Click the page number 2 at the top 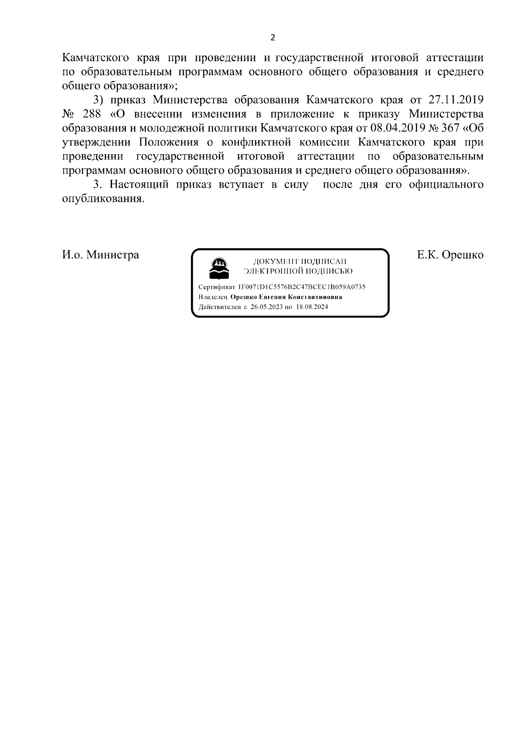[273, 37]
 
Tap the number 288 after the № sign [91, 114]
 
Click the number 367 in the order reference [450, 128]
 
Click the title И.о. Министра [101, 254]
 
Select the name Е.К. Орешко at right [450, 254]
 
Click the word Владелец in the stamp [213, 297]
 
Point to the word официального [446, 184]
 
